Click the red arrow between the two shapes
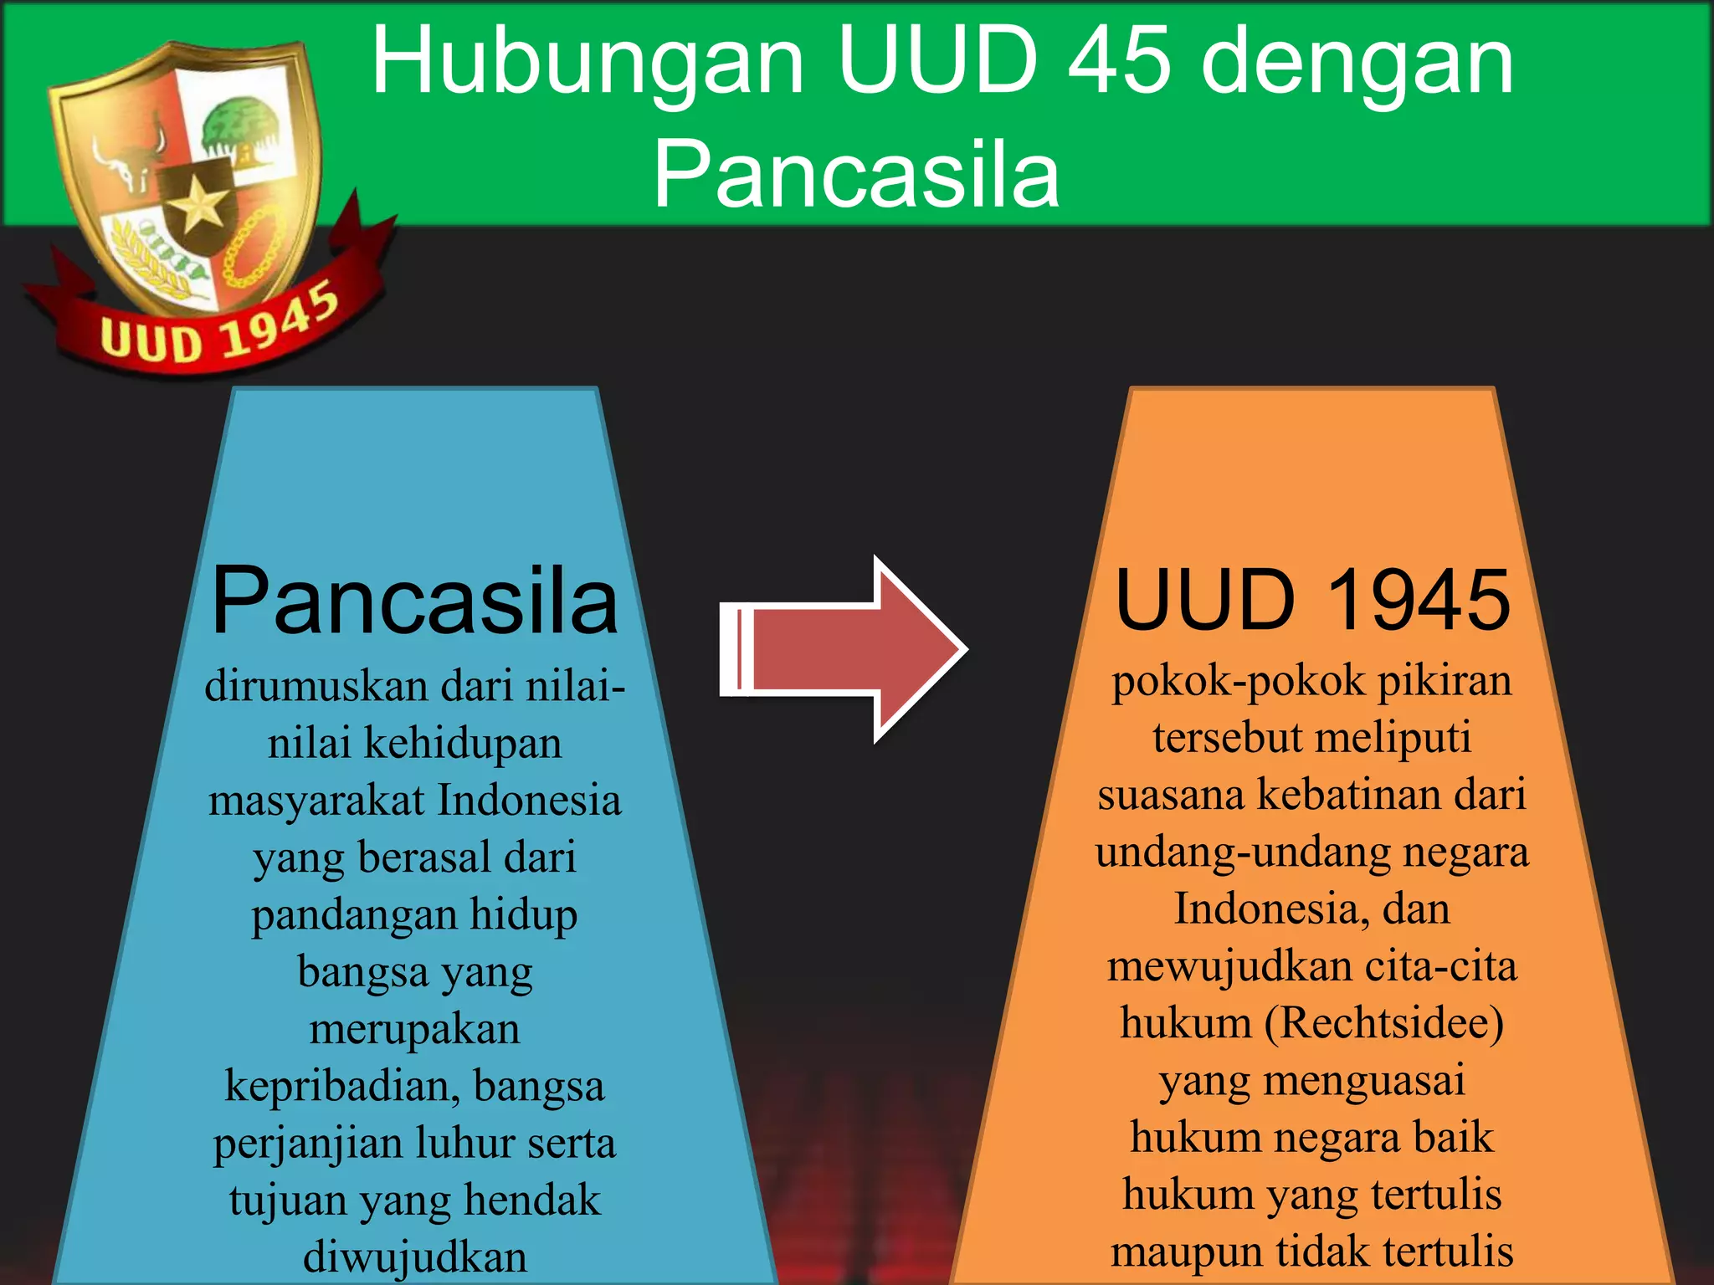coord(845,649)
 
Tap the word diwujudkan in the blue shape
coord(414,1257)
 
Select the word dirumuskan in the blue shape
coord(316,686)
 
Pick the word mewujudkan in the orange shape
coord(1229,966)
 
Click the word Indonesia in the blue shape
coord(529,800)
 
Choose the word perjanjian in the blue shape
coord(307,1143)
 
